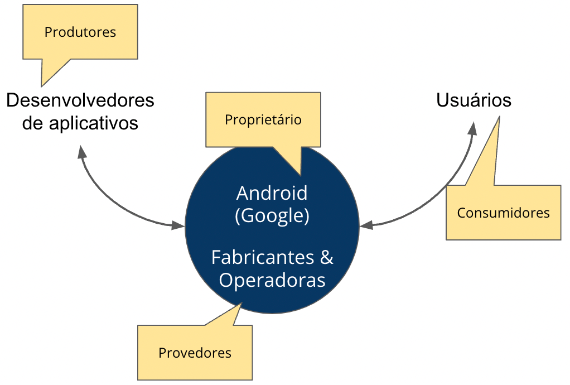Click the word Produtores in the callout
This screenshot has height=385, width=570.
[80, 32]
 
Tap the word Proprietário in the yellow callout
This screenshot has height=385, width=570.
[263, 120]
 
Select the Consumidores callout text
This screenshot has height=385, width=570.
[503, 213]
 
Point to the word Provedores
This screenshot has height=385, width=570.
[195, 353]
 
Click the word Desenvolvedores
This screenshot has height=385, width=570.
[80, 100]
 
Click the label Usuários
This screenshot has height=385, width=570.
[474, 100]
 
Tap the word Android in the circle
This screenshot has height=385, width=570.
[272, 193]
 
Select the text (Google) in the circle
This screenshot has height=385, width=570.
[272, 215]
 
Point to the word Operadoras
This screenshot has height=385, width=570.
[272, 279]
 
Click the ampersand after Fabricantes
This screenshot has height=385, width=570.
[327, 257]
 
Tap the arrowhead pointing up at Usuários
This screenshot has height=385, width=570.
[473, 129]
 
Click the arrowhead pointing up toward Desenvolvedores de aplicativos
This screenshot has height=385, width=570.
[82, 152]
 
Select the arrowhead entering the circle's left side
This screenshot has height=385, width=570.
[178, 225]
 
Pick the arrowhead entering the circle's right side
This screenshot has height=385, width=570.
[366, 225]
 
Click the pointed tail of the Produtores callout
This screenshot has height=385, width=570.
[44, 83]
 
